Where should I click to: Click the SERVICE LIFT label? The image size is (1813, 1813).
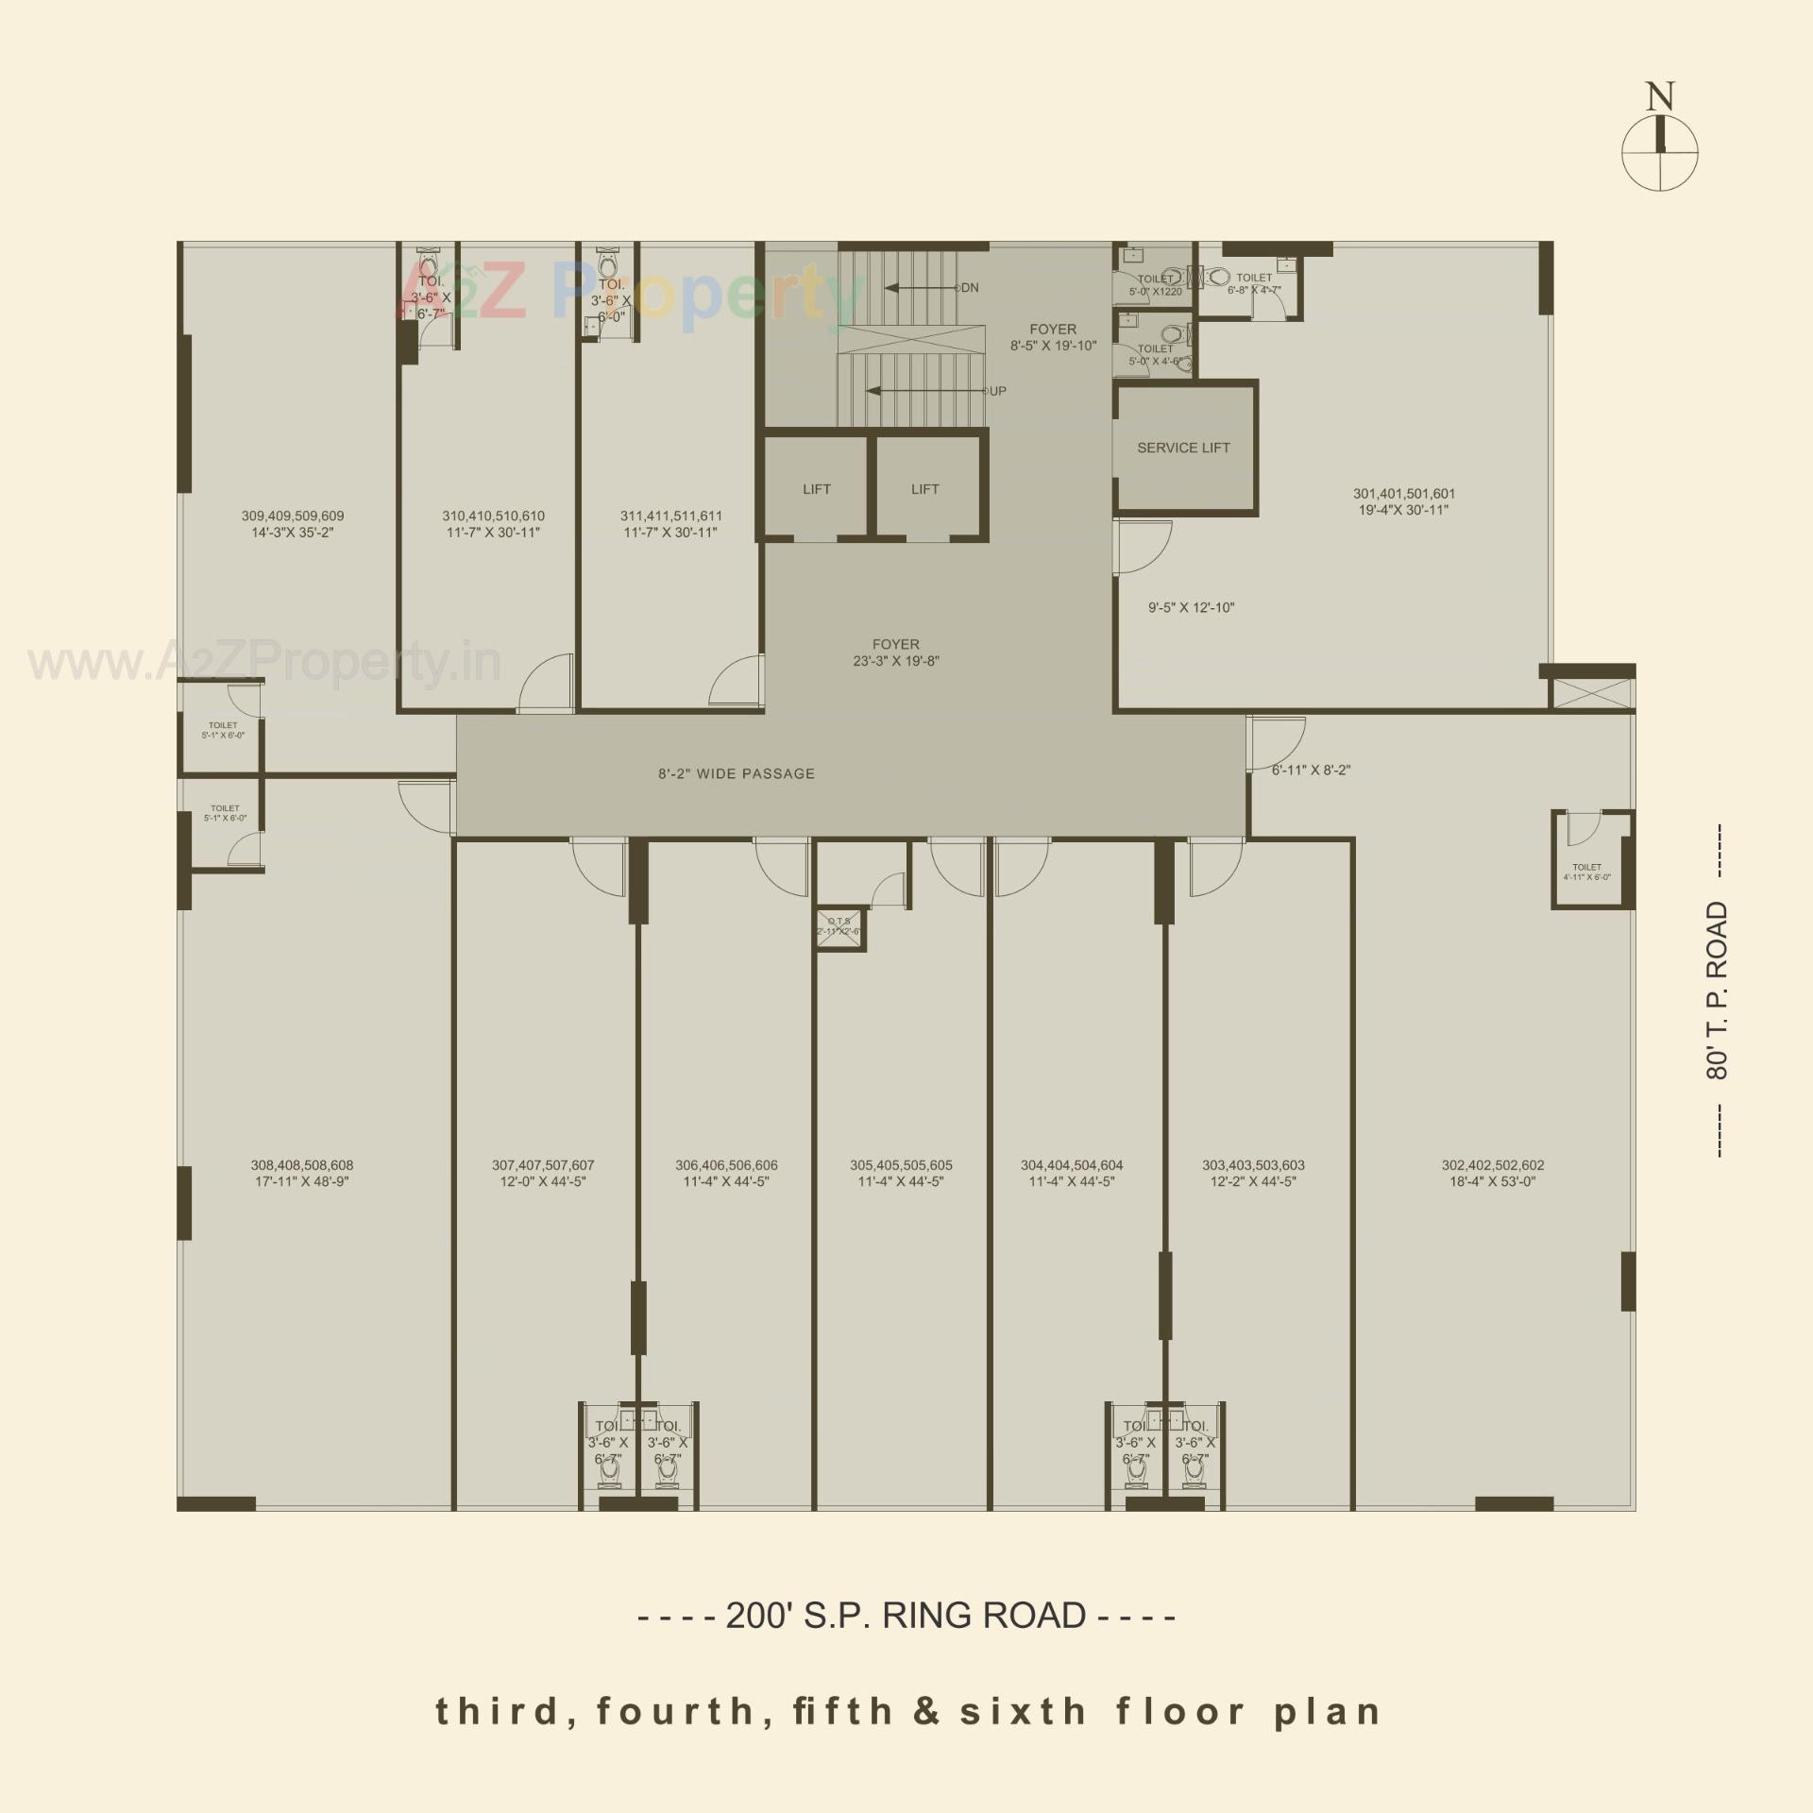tap(1183, 448)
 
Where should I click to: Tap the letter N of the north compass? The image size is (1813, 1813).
tap(1659, 97)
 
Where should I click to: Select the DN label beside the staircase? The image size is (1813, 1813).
tap(970, 288)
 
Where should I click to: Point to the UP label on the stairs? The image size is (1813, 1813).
tap(997, 391)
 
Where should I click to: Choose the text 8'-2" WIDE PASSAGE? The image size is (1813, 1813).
tap(737, 773)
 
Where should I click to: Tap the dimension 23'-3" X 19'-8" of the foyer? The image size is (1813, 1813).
tap(895, 661)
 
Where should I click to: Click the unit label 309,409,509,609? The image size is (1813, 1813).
tap(293, 516)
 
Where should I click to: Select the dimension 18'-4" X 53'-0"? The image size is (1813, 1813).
tap(1492, 1181)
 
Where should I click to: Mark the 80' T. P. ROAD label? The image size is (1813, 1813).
tap(1717, 991)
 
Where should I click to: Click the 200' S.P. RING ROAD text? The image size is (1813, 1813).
tap(906, 1616)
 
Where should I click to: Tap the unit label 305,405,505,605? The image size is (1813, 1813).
tap(901, 1165)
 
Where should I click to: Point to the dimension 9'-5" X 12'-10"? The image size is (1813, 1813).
tap(1191, 607)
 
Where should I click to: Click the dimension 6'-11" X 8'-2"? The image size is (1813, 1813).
tap(1311, 770)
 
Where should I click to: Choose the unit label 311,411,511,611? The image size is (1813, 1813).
tap(670, 516)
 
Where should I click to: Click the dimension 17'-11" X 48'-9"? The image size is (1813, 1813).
tap(301, 1181)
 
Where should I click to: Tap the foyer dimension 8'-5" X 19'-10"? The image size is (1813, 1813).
tap(1053, 346)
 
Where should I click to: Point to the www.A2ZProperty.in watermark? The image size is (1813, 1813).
tap(264, 663)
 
